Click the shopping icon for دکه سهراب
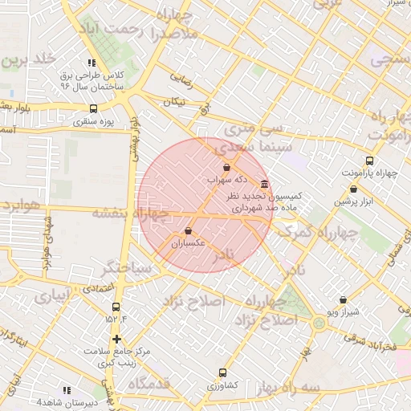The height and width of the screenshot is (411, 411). [x=226, y=169]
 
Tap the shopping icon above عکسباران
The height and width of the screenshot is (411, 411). [x=189, y=231]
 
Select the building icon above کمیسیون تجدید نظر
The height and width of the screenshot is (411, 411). [x=265, y=184]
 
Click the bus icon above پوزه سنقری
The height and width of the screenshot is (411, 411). [x=94, y=109]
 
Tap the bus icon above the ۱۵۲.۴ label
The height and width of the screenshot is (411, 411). [x=116, y=307]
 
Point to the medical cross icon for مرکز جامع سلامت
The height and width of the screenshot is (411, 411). [x=117, y=339]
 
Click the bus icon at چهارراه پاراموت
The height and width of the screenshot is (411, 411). [x=369, y=161]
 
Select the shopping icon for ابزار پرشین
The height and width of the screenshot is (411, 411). [x=353, y=189]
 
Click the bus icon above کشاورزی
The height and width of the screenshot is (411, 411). [x=222, y=372]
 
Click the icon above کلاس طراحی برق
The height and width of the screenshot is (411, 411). [x=92, y=63]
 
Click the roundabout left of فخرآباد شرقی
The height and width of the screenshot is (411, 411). [x=319, y=324]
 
